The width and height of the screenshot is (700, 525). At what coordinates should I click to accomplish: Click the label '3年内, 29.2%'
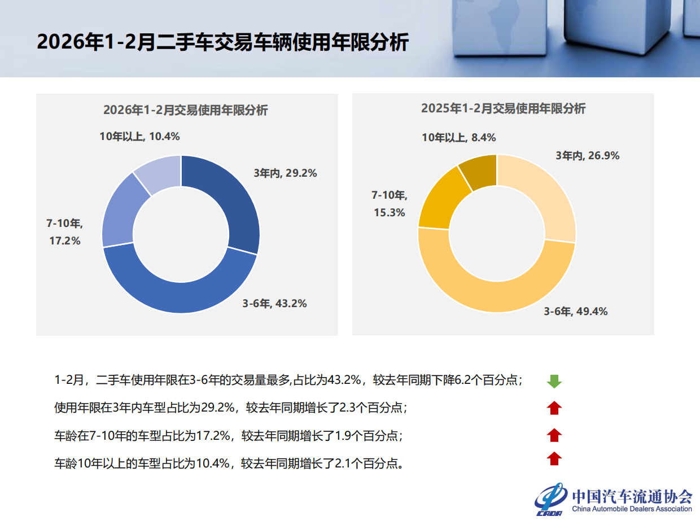pyautogui.click(x=285, y=173)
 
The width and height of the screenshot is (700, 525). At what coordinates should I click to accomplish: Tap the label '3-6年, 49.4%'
pyautogui.click(x=576, y=311)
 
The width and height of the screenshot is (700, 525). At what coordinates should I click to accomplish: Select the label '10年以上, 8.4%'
pyautogui.click(x=459, y=137)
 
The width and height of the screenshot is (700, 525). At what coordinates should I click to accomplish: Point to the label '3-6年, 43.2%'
pyautogui.click(x=275, y=304)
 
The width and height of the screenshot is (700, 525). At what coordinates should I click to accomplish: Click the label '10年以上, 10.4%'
pyautogui.click(x=139, y=136)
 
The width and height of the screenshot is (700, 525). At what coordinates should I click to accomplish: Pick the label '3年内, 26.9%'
pyautogui.click(x=588, y=156)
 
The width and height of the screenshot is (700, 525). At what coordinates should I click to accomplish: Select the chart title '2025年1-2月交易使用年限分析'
pyautogui.click(x=503, y=109)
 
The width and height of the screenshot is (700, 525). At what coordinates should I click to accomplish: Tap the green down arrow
pyautogui.click(x=554, y=382)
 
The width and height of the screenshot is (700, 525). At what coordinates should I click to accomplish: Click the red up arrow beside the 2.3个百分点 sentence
pyautogui.click(x=554, y=408)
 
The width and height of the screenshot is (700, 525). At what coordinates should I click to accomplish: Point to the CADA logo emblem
pyautogui.click(x=551, y=499)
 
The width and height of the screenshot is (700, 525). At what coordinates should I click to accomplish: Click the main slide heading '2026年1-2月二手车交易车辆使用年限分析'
pyautogui.click(x=222, y=42)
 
